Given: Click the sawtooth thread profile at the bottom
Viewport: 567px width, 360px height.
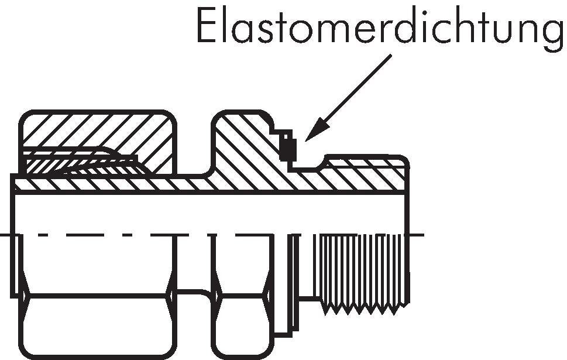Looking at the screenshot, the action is [x=365, y=308].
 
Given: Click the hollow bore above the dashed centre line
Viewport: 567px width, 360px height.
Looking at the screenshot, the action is [x=209, y=214].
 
